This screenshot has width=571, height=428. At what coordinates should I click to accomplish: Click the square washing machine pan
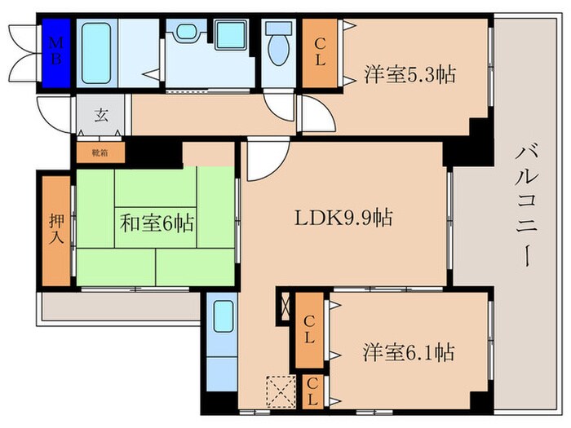point(231,36)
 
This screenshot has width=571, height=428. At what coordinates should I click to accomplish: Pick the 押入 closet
point(56,229)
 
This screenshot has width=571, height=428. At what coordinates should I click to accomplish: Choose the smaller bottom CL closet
point(312,391)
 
